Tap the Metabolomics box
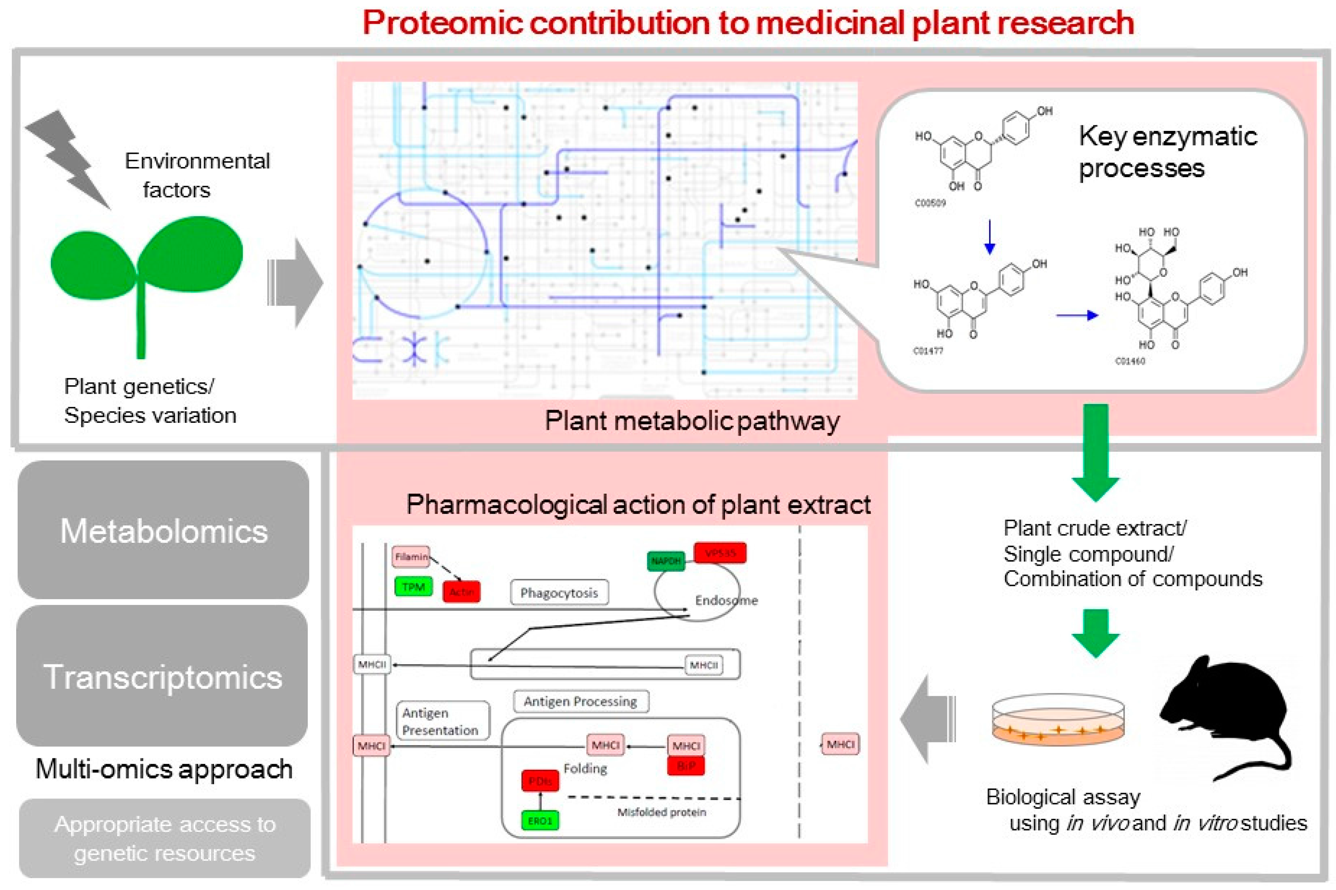(164, 530)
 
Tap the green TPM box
(413, 587)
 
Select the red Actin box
(462, 591)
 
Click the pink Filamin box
(411, 557)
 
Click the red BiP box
(686, 766)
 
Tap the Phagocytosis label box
(559, 592)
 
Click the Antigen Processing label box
(580, 702)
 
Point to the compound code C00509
(930, 203)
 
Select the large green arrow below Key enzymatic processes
(1095, 451)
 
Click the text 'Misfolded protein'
(661, 812)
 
